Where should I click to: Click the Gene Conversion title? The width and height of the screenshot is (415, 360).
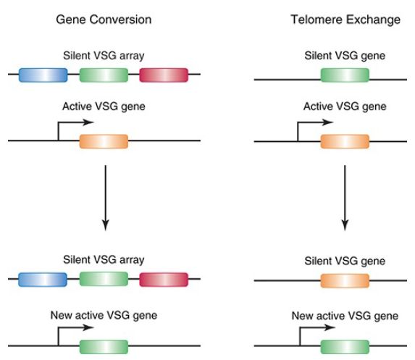[x=104, y=20]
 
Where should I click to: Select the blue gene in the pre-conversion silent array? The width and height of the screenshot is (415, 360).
[x=43, y=75]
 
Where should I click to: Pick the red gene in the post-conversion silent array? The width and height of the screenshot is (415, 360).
[x=164, y=280]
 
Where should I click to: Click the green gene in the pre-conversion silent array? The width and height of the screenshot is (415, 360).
[x=104, y=75]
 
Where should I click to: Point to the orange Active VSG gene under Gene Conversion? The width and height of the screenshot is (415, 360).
[x=104, y=141]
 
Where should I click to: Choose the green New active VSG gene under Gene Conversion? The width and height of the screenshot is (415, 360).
[x=104, y=347]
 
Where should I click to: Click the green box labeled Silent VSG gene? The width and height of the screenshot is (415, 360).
[x=345, y=75]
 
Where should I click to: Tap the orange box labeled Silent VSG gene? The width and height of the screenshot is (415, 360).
[x=345, y=280]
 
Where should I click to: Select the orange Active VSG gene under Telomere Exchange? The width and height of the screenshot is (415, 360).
[x=345, y=141]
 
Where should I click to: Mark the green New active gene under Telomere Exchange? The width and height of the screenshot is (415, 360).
[x=345, y=347]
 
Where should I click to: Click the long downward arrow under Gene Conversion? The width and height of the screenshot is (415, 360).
[x=106, y=198]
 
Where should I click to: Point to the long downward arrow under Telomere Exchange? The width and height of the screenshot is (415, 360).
[x=345, y=198]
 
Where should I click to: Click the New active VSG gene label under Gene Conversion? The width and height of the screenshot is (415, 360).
[x=104, y=315]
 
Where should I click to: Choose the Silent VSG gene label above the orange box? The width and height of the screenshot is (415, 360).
[x=345, y=261]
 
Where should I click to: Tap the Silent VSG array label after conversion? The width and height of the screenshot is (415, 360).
[x=104, y=260]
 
